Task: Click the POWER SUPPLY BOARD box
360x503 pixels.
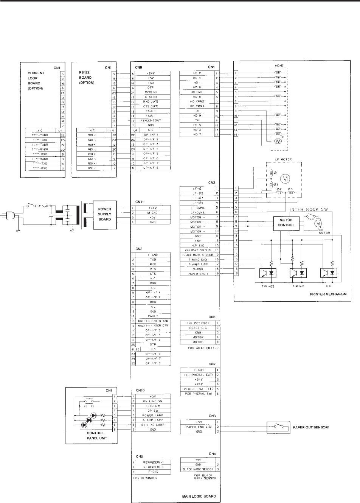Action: [105, 214]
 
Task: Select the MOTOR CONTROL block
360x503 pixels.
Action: [286, 222]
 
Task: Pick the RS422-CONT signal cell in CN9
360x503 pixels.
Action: [151, 120]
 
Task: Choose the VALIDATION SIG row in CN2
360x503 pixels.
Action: [197, 250]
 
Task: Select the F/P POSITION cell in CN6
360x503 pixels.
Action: [198, 323]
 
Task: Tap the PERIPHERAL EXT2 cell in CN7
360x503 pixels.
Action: [197, 389]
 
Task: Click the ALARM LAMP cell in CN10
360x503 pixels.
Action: [151, 420]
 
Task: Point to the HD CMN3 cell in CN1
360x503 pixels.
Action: [197, 106]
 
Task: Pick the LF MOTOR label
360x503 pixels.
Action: [282, 159]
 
